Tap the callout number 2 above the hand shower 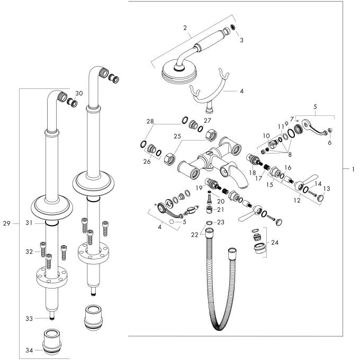point(185,27)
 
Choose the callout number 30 point(79,93)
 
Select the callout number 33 point(30,318)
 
